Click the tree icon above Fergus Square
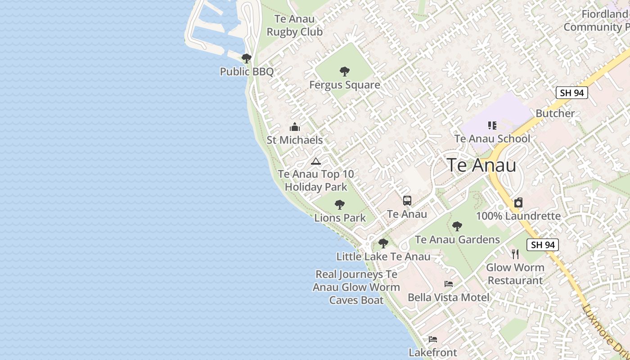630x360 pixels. coord(345,71)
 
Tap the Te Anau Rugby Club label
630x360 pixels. coord(295,26)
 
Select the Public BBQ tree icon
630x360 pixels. coord(246,58)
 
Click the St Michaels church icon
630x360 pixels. coord(295,127)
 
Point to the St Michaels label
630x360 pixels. coord(295,140)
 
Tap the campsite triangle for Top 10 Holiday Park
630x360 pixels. coord(316,161)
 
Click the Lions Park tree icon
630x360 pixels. coord(340,205)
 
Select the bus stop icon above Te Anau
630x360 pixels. coord(407,201)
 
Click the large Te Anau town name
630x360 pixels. coord(481,165)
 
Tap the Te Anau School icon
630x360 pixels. coord(492,126)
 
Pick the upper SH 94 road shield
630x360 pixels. coord(572,93)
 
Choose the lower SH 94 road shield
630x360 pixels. coord(543,245)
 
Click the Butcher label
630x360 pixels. coord(555,113)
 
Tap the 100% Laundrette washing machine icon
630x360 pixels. coord(518,202)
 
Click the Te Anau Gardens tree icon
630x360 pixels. coord(457,226)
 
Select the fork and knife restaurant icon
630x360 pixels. coord(515,254)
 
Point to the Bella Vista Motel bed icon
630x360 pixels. coord(448,284)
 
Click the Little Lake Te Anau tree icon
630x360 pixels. coord(383,243)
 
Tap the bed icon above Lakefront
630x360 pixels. coord(432,339)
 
